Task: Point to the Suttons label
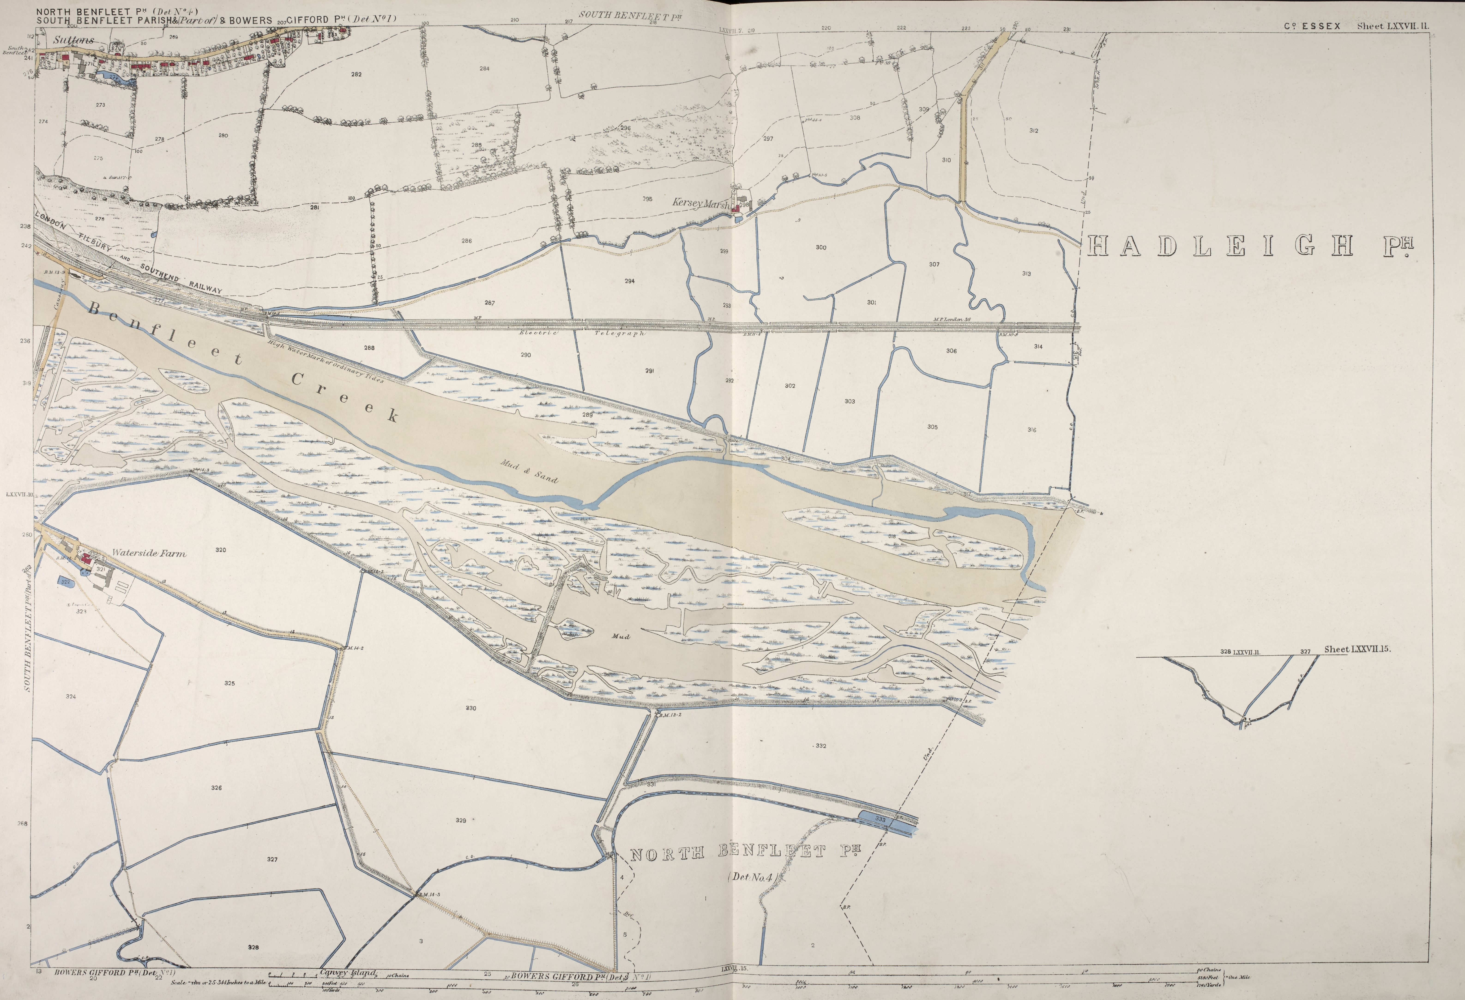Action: point(73,40)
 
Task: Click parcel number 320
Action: point(221,550)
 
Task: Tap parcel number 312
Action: point(1034,130)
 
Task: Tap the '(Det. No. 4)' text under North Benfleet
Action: point(755,876)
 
